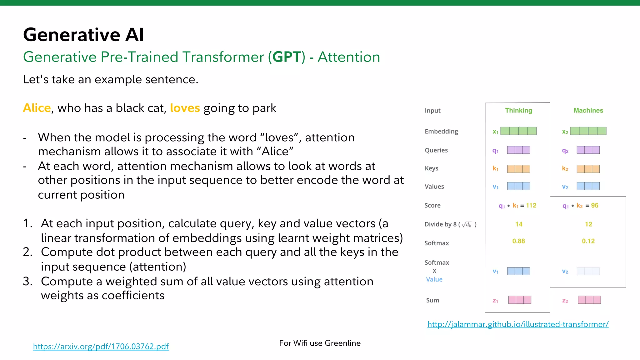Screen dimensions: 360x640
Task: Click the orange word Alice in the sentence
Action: [x=37, y=108]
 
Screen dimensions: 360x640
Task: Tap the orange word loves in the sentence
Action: [x=185, y=108]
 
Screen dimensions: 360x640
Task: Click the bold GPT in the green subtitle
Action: [x=287, y=57]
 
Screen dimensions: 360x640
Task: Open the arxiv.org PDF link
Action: [x=101, y=346]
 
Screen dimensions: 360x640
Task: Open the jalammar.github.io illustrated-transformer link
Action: [x=518, y=324]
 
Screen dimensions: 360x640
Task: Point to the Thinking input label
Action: [x=518, y=110]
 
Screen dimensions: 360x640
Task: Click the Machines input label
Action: [x=588, y=110]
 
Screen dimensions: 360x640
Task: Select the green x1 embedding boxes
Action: [x=518, y=131]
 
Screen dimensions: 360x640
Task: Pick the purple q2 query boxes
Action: [x=588, y=150]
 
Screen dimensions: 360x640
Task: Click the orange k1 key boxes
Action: [x=518, y=169]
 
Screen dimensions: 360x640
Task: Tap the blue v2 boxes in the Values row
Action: [x=588, y=186]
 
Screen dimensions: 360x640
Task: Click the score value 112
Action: [x=531, y=205]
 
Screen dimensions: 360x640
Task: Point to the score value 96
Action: [x=595, y=205]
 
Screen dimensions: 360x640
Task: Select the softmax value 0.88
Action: [x=518, y=241]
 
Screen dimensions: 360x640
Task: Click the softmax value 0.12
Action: [x=588, y=241]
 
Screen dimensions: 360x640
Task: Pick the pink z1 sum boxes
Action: [x=519, y=300]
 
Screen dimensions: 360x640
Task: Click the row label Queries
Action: [x=436, y=150]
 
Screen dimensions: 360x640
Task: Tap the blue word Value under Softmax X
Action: [x=434, y=279]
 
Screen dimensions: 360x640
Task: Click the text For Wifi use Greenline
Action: [x=320, y=343]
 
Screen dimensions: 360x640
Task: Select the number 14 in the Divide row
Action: [x=519, y=224]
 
